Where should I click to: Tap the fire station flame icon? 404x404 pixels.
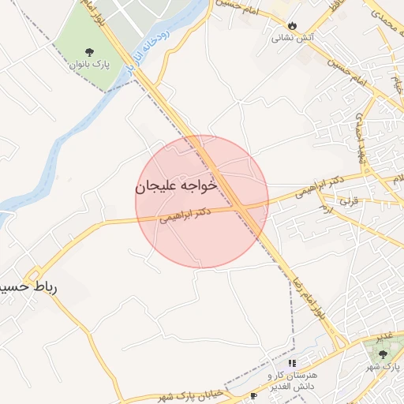click(x=294, y=26)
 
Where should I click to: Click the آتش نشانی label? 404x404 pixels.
click(x=294, y=37)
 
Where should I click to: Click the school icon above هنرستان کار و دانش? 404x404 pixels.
click(x=292, y=363)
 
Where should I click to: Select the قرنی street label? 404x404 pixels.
click(x=348, y=200)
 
